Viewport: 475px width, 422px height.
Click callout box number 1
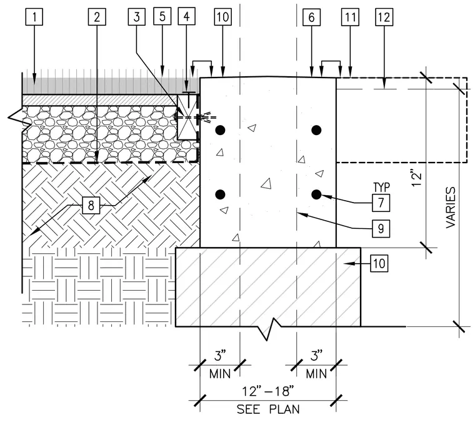pos(34,17)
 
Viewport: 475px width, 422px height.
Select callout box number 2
pos(97,17)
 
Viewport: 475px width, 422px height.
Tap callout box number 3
pos(137,17)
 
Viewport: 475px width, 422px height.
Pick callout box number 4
pos(186,16)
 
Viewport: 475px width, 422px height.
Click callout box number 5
pos(162,16)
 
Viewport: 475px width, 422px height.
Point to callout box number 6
pos(311,18)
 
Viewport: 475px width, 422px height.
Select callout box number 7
pos(381,203)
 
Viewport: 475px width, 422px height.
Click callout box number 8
pos(91,206)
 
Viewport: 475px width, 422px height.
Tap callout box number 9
pos(381,228)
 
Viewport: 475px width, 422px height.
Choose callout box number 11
pos(350,18)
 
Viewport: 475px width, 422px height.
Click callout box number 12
pos(384,18)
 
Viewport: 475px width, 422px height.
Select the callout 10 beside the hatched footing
pos(379,264)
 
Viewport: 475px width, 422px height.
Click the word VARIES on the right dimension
pos(451,207)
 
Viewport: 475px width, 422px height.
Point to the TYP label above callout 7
pos(381,188)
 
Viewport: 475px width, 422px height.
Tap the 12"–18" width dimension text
pos(267,391)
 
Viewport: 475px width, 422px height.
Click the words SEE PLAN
pos(268,409)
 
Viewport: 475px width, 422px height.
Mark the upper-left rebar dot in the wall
pos(220,130)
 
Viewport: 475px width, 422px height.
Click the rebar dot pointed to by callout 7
pos(316,194)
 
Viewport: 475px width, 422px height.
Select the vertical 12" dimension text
pos(417,179)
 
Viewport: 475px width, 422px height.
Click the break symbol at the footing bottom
pos(269,329)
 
